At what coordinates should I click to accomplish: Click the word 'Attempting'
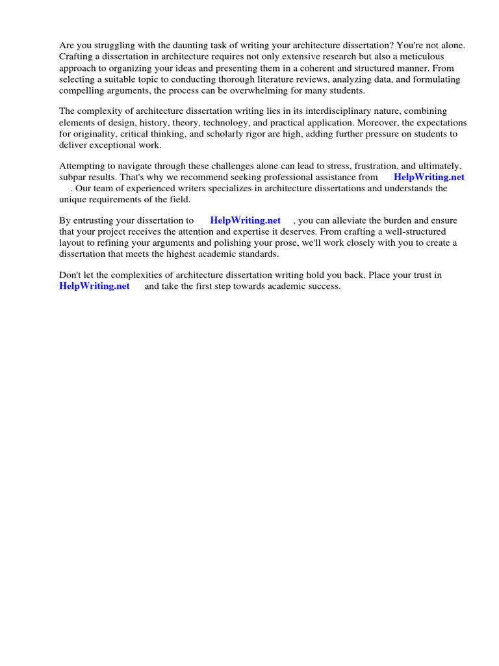(x=81, y=166)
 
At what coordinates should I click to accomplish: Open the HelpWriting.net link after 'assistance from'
(x=429, y=177)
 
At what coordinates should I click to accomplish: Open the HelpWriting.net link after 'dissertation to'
(x=246, y=220)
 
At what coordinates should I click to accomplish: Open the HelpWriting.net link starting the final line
(x=94, y=286)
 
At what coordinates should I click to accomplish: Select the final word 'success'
(x=324, y=286)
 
